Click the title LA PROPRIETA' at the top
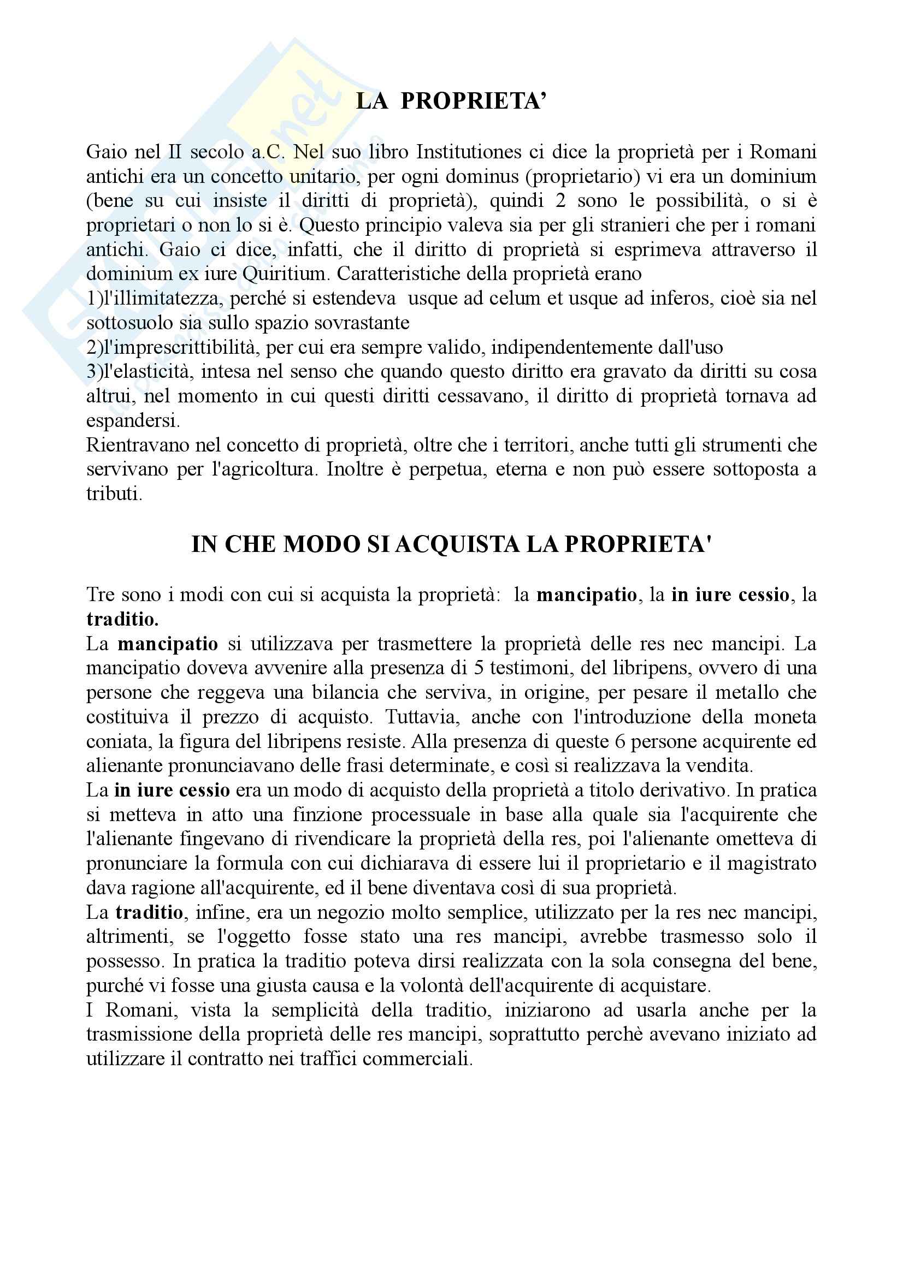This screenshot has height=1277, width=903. click(451, 102)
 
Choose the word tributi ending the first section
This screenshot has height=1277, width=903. click(114, 494)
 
